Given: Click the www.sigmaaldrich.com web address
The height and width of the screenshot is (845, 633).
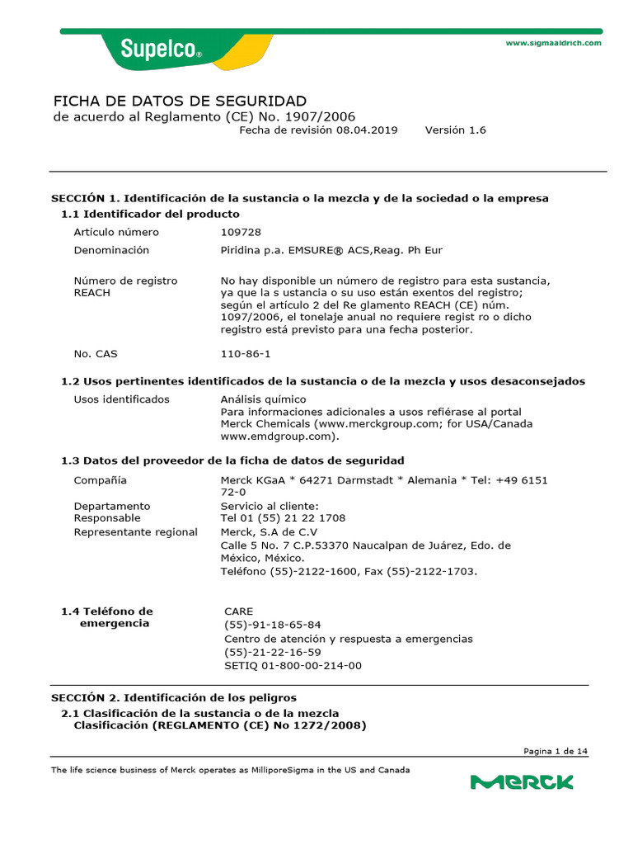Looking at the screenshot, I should click(553, 43).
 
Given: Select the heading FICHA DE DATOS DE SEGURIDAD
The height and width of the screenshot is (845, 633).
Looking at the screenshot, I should click(180, 101).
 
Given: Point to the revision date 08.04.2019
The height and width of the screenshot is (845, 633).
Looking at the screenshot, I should click(366, 130).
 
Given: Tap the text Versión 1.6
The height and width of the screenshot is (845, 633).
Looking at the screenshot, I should click(455, 130).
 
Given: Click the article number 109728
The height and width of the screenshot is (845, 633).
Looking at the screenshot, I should click(241, 232).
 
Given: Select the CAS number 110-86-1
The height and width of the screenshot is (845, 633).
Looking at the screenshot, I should click(245, 354).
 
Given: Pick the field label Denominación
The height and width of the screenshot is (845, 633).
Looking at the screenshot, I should click(111, 250).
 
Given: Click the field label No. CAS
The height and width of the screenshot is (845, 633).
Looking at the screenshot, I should click(96, 354).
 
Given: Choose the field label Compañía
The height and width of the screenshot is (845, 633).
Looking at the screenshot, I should click(101, 480).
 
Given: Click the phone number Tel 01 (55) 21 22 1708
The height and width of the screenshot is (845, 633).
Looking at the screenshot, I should click(283, 518).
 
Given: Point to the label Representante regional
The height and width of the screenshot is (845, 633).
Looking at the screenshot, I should click(135, 532).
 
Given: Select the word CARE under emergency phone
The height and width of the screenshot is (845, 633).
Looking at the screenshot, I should click(239, 611).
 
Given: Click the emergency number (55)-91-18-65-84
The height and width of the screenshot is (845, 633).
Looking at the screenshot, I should click(273, 625).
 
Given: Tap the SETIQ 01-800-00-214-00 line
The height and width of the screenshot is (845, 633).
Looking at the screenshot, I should click(293, 666).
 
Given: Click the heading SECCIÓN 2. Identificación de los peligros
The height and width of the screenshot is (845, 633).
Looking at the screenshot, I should click(174, 698).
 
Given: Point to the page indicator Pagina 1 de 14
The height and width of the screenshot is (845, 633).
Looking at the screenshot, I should click(556, 751).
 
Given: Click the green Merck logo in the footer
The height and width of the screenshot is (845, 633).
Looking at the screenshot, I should click(522, 781).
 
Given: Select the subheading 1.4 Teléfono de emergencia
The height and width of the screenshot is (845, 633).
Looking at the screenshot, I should click(107, 617).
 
